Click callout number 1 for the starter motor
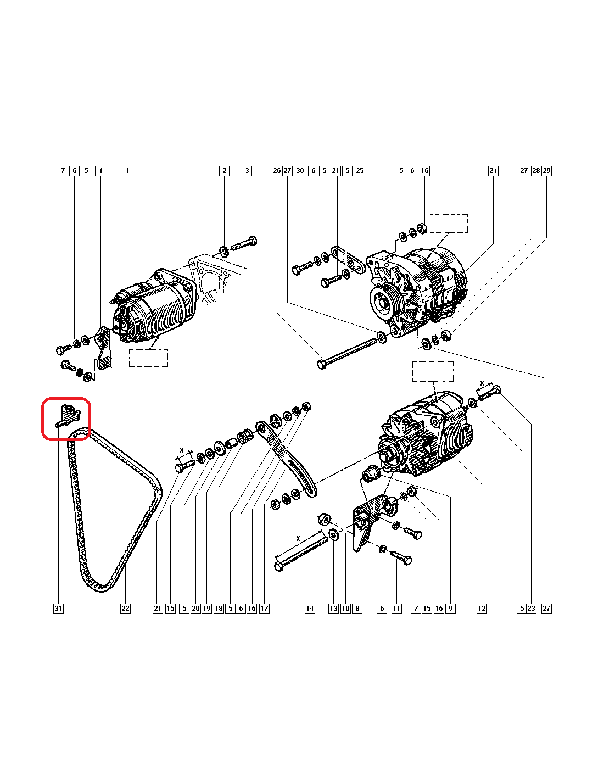(x=127, y=171)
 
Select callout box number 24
(x=493, y=171)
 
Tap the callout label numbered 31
(x=58, y=609)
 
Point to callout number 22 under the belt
(x=125, y=609)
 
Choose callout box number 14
(x=310, y=609)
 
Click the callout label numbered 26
(x=277, y=171)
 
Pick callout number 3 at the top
(x=247, y=171)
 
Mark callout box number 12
(x=482, y=609)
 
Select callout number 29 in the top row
(x=546, y=171)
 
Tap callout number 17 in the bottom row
(x=264, y=609)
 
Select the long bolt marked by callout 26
(x=346, y=354)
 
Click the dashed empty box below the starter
(x=148, y=358)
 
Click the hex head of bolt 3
(x=253, y=241)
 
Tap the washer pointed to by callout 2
(x=224, y=250)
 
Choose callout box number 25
(x=360, y=171)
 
